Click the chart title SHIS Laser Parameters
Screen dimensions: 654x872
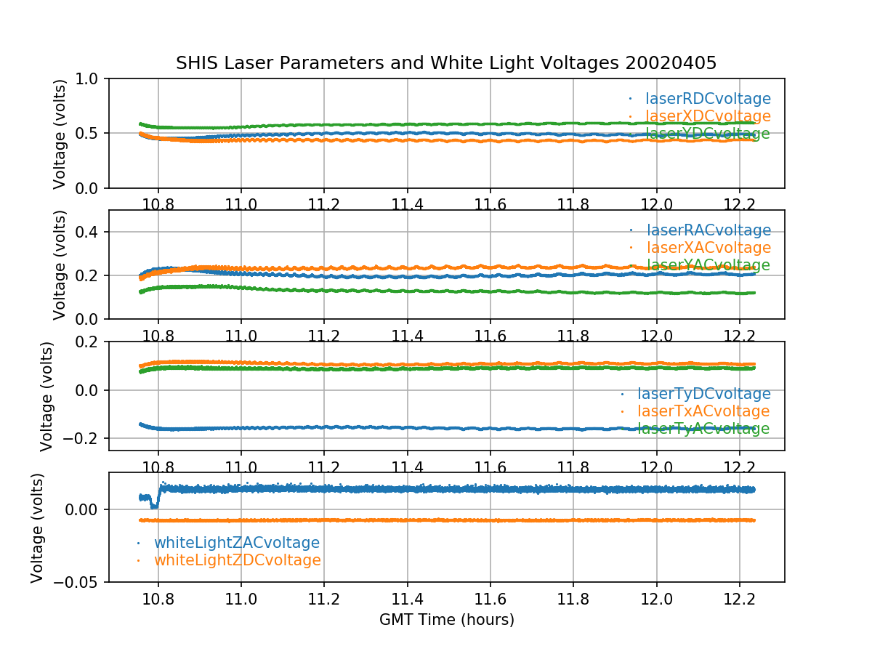(x=446, y=63)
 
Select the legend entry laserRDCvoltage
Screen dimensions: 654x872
(x=708, y=99)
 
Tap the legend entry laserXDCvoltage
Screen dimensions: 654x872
(x=708, y=116)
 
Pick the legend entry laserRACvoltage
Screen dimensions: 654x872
(x=708, y=231)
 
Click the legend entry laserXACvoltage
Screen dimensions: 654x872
(x=708, y=249)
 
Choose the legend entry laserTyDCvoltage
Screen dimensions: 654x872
(x=703, y=394)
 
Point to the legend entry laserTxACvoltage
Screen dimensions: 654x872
(x=703, y=411)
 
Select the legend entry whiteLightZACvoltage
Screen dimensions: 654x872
(x=236, y=543)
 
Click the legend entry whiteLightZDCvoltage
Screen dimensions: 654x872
(x=237, y=560)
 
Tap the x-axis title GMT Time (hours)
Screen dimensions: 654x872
(x=446, y=620)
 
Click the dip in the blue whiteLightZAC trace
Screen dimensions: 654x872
(x=153, y=505)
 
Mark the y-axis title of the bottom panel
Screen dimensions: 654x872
(x=37, y=527)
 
